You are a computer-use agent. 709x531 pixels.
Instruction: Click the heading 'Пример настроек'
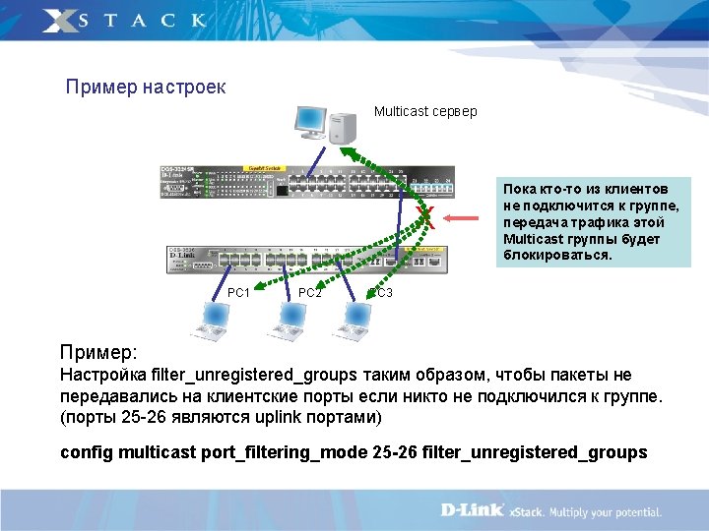click(x=146, y=88)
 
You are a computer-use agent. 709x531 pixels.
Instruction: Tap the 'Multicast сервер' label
click(x=425, y=111)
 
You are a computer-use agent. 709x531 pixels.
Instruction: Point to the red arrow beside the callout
click(x=471, y=218)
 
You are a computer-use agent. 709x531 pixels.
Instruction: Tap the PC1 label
click(x=238, y=293)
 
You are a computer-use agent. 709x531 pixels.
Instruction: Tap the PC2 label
click(x=309, y=293)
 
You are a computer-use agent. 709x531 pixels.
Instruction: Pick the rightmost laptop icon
click(x=360, y=319)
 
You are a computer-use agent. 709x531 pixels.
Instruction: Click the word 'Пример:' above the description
click(x=98, y=352)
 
